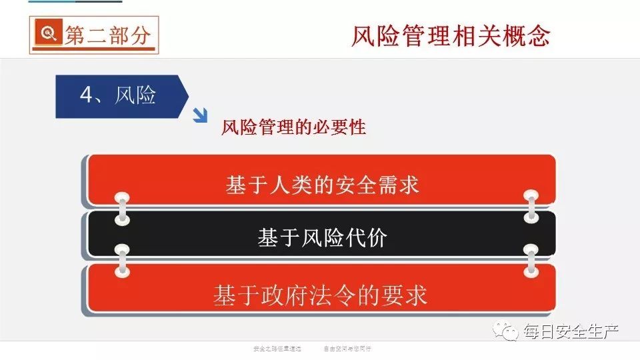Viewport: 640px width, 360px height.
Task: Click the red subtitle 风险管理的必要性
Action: coord(293,127)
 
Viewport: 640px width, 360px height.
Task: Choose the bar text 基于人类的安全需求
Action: coord(323,185)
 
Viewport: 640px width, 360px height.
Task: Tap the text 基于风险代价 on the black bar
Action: coord(322,238)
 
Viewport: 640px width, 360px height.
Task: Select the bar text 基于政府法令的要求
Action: coord(320,294)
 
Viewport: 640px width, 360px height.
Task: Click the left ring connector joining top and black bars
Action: coord(121,209)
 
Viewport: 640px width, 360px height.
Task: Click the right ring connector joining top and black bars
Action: coord(531,207)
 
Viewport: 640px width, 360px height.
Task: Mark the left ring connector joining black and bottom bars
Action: coord(121,261)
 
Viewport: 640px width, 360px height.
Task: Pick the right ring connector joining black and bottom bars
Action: coord(531,260)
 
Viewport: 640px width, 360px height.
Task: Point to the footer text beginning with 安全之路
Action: coord(278,348)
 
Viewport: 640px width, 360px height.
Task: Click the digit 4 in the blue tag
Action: coord(86,95)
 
